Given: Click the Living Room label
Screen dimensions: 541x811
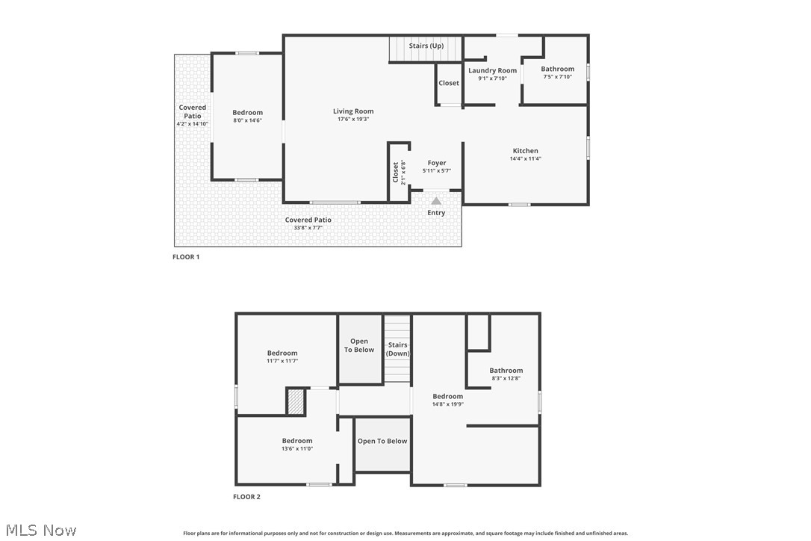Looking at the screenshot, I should coord(353,111).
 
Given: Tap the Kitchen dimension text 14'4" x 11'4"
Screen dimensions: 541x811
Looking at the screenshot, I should coord(525,158).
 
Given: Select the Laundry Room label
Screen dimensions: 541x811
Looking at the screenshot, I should coord(492,70).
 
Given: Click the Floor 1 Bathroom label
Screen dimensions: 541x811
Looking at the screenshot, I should coord(558,69).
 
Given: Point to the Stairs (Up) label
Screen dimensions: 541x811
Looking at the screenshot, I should coord(426,46).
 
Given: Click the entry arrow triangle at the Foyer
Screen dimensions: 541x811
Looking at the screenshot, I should coord(436,200).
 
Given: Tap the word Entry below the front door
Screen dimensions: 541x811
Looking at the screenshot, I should coord(436,213).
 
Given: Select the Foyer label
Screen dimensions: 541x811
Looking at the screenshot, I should coord(437,163).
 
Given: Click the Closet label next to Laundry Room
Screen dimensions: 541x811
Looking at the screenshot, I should coord(449,83).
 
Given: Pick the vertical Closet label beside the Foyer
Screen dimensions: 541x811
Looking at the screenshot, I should coord(396,173).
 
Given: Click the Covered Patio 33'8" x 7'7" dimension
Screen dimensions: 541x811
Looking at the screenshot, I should coord(308,227).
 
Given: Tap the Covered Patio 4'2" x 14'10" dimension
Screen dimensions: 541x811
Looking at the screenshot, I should coord(193,124).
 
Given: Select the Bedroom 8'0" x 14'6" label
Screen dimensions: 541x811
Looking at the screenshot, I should coord(248,113).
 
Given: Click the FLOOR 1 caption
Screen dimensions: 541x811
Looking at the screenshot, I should coord(186,257).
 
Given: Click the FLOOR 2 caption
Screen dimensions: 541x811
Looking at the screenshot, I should coord(246,497).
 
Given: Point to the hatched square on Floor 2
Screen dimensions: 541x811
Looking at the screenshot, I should coord(296,401).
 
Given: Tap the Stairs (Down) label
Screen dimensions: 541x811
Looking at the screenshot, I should coord(398,349).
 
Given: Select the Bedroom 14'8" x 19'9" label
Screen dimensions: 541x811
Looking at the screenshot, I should coord(448,396).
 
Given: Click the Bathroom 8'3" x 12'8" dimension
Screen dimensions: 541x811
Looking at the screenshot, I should coord(506,378).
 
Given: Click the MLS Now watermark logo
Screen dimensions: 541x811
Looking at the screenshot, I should coord(39,531).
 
